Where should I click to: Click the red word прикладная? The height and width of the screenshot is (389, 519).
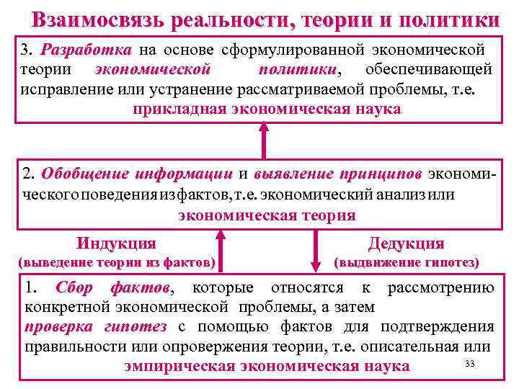pos(179,109)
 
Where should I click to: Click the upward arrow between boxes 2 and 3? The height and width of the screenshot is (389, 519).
pos(265,139)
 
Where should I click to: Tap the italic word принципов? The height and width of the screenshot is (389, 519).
pos(381,174)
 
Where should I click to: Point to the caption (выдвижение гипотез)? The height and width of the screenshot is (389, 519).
pos(407,263)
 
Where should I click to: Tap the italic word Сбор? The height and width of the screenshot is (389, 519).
pos(75,289)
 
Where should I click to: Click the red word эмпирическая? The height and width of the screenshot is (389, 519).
pos(178,365)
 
